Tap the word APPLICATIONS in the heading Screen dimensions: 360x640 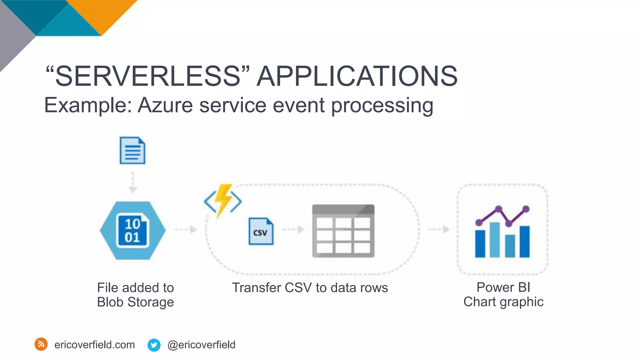(357, 76)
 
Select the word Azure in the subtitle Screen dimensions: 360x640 (165, 105)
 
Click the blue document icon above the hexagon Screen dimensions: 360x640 (132, 150)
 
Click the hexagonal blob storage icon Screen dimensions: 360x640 (132, 231)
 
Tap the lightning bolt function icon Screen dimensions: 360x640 (223, 200)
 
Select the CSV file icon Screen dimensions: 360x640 (261, 231)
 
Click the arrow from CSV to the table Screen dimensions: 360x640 (293, 229)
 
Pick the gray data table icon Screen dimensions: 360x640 (343, 231)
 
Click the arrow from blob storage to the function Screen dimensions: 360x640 (186, 229)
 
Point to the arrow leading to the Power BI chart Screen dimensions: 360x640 (438, 229)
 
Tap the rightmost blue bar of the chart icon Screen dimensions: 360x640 (524, 242)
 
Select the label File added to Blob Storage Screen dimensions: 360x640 (135, 295)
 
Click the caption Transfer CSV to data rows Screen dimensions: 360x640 (310, 287)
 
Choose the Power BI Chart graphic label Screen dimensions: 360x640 (503, 294)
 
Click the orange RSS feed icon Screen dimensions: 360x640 (41, 344)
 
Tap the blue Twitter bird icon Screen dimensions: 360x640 (154, 345)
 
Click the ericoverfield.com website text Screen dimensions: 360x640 (94, 345)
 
